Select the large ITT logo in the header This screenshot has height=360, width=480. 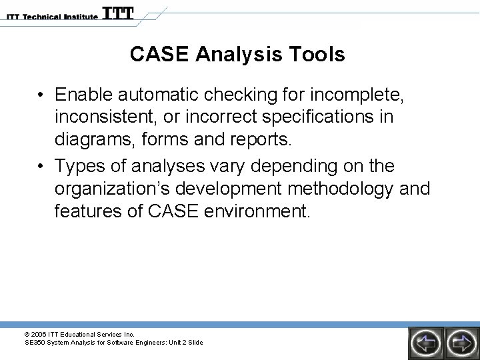117,13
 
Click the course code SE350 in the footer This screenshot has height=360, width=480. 35,343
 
